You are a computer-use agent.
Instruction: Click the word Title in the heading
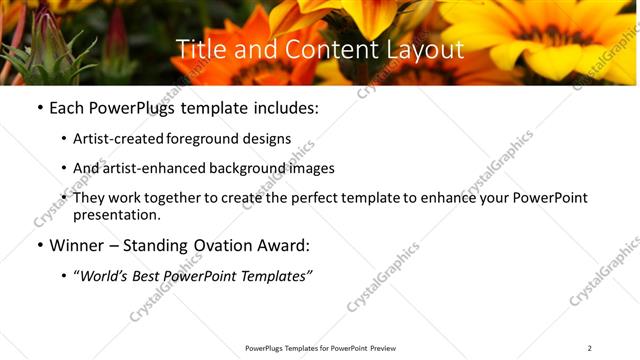tap(200, 50)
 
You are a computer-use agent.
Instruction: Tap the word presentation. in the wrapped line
tap(116, 214)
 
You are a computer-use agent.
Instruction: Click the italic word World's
tap(106, 275)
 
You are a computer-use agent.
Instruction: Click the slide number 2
tap(589, 348)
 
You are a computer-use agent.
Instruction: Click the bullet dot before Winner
tap(39, 246)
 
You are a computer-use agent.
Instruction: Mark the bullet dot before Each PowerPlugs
tap(39, 108)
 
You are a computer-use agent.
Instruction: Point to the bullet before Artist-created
tap(64, 140)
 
